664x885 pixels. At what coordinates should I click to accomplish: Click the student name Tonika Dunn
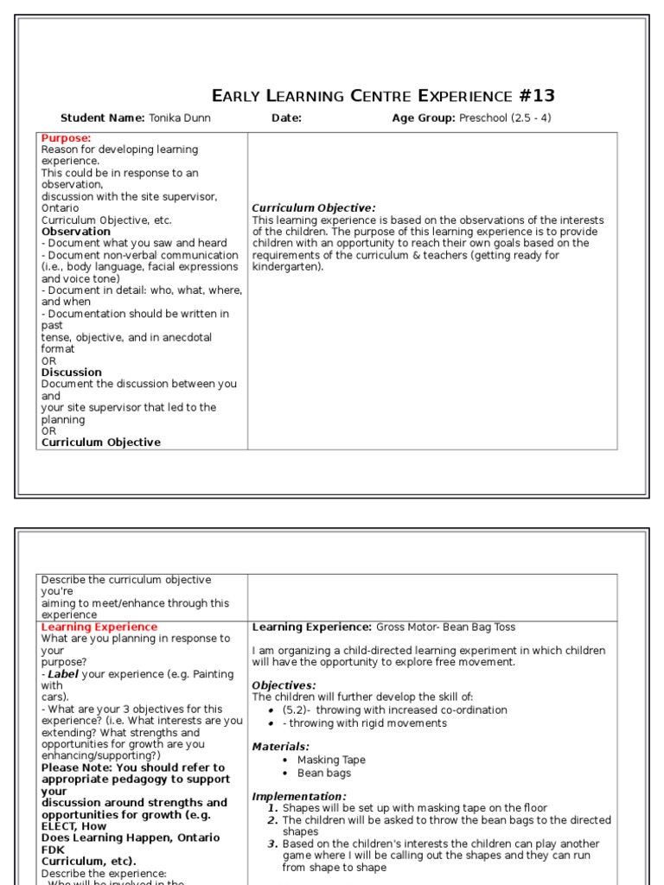click(179, 118)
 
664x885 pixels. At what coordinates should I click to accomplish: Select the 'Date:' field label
click(286, 118)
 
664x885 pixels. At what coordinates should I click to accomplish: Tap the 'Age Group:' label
click(423, 118)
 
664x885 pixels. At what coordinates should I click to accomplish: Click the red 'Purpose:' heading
click(66, 138)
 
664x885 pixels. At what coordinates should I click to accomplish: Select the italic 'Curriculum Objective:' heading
click(313, 208)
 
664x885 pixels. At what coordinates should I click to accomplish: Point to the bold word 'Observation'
click(76, 232)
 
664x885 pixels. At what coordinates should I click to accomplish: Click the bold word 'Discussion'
click(72, 372)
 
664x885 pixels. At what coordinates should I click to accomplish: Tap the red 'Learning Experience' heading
click(99, 627)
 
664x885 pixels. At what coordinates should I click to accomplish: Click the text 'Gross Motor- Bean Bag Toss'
click(445, 627)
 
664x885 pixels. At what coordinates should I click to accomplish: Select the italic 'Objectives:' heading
click(284, 685)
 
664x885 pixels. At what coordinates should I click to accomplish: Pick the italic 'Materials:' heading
click(280, 747)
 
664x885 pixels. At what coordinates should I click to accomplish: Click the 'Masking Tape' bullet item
click(331, 760)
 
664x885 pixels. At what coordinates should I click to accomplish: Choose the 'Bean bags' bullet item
click(322, 773)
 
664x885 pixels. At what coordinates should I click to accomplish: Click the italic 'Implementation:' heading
click(299, 797)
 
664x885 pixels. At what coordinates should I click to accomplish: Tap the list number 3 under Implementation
click(271, 844)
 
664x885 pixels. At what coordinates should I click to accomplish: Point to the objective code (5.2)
click(297, 710)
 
